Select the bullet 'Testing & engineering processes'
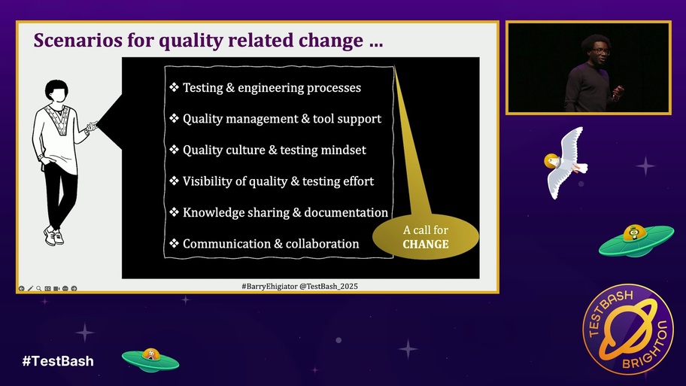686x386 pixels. pos(272,88)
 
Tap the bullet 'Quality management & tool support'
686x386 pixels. pos(281,119)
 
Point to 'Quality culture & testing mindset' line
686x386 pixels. pos(274,150)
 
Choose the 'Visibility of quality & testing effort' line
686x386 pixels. pos(278,181)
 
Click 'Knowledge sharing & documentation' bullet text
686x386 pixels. pos(285,212)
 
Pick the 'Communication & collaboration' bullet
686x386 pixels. pos(270,244)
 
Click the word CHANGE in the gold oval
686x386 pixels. pos(426,244)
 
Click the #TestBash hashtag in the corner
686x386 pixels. pos(58,360)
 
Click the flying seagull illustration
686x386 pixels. pos(565,162)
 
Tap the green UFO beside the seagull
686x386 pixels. pos(636,240)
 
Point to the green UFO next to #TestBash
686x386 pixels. pos(150,359)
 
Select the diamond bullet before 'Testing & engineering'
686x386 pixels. pos(174,88)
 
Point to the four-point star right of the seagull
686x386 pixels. pos(645,166)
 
